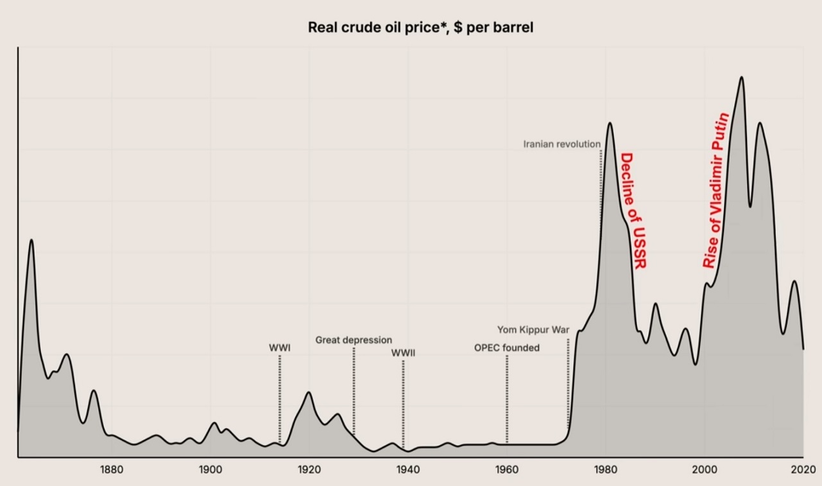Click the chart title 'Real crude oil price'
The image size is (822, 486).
point(420,28)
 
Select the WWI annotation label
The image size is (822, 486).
point(279,348)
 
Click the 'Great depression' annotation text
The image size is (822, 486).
point(354,340)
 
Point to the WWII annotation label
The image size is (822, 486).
point(403,352)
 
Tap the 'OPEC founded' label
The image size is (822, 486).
point(507,348)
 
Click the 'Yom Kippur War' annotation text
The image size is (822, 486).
point(533,331)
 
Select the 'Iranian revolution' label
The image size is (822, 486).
point(561,144)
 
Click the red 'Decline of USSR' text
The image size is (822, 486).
point(633,211)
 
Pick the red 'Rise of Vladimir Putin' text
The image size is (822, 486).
point(716,191)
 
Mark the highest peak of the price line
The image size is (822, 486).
point(742,78)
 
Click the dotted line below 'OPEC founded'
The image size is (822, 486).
point(507,398)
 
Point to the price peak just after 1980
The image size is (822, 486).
point(609,123)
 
